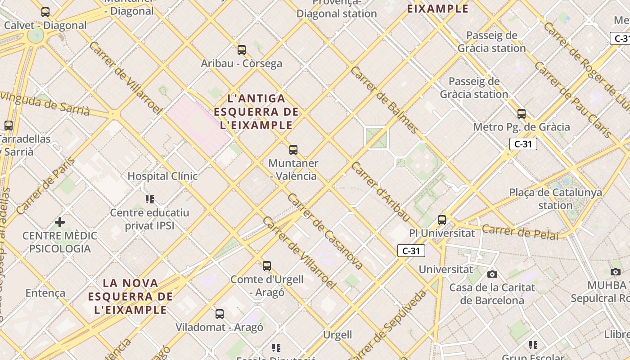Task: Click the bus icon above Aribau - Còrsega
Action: click(x=242, y=50)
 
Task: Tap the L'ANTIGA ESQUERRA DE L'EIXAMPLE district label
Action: click(x=256, y=112)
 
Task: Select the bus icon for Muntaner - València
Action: click(x=293, y=150)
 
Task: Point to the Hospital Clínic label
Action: click(x=162, y=176)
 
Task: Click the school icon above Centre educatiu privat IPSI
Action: click(x=150, y=199)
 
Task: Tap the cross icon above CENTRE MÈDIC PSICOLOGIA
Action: click(x=60, y=222)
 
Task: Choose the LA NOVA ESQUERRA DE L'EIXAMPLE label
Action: click(x=130, y=297)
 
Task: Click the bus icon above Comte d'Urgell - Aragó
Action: click(x=267, y=266)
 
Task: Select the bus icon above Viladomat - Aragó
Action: click(x=220, y=314)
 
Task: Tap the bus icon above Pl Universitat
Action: click(x=442, y=220)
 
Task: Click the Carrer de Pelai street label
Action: click(x=520, y=233)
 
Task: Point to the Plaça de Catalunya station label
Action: click(x=555, y=199)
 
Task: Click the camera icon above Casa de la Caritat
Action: click(x=492, y=274)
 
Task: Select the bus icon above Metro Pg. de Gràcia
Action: click(x=522, y=114)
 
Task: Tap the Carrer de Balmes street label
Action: click(x=385, y=100)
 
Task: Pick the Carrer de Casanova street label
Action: click(x=325, y=232)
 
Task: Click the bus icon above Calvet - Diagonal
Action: click(x=45, y=12)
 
